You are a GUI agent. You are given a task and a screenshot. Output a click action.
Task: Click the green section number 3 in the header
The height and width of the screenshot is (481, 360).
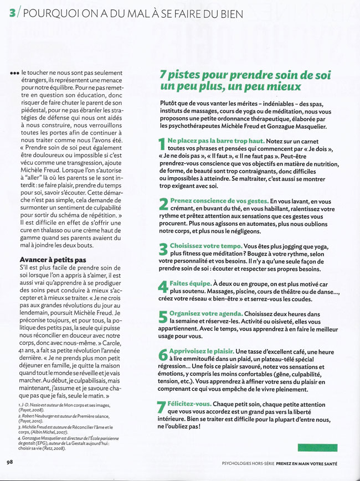[x=12, y=12]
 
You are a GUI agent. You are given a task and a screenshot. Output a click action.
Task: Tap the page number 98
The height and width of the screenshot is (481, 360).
[x=10, y=462]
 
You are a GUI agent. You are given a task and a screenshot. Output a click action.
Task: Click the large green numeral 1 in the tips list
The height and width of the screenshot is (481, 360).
[x=162, y=146]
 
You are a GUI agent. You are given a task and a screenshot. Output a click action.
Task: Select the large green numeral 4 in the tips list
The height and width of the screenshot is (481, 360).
[x=163, y=286]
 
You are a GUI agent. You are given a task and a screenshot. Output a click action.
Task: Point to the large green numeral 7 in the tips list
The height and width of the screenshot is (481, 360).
[x=162, y=407]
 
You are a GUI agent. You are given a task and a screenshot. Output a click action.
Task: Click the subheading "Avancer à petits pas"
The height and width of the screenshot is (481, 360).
[x=53, y=259]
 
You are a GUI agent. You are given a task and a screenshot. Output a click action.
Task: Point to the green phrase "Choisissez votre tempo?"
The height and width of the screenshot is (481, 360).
[x=210, y=245]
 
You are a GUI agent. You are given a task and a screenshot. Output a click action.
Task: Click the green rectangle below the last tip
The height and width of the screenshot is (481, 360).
[x=317, y=447]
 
